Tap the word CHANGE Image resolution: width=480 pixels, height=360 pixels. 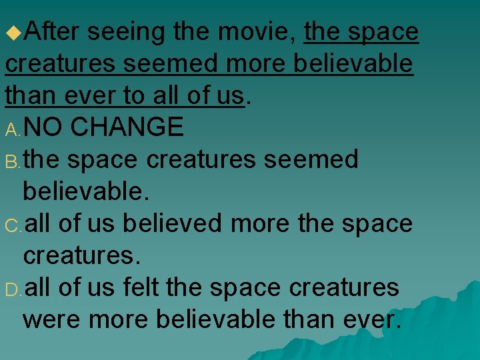(x=127, y=127)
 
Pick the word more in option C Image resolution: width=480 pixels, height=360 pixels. (x=260, y=223)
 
